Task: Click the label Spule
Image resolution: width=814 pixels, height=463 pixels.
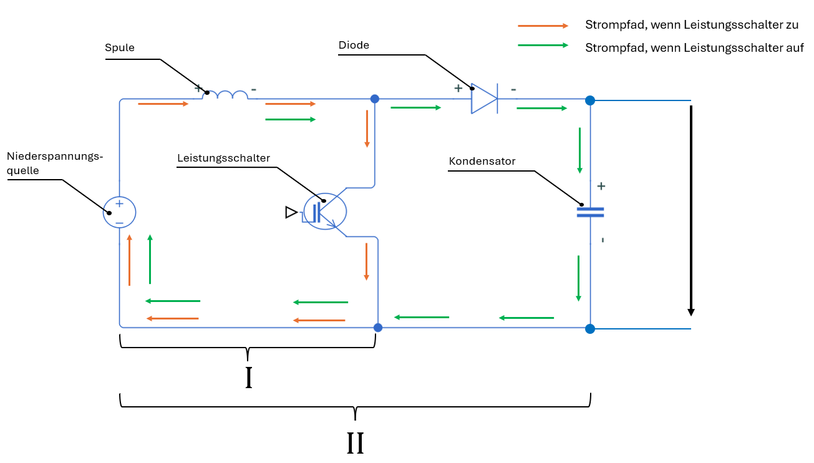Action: tap(120, 48)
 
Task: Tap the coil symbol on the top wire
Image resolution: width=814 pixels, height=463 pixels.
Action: tap(231, 95)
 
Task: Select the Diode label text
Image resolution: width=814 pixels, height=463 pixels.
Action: tap(354, 45)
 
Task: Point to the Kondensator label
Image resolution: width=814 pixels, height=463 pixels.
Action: tap(482, 162)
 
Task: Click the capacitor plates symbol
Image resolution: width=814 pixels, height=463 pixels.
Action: tap(590, 212)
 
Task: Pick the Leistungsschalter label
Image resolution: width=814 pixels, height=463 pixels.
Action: tap(223, 158)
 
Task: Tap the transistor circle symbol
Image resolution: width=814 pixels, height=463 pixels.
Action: tap(325, 212)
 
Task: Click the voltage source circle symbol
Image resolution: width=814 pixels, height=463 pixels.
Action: tap(119, 212)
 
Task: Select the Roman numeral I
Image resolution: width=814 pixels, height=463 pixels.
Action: tap(248, 378)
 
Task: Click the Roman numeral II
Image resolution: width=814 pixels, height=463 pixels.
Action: tap(355, 443)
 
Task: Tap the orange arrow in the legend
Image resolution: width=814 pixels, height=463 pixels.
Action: tap(543, 26)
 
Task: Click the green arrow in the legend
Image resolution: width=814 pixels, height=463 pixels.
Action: tap(543, 45)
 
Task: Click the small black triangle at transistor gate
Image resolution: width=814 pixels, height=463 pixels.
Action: tap(291, 213)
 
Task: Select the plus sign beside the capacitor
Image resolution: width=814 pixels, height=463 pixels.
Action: tap(601, 186)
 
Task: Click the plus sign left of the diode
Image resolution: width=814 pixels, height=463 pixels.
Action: tap(458, 89)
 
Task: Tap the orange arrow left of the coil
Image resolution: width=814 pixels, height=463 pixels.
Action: tap(163, 104)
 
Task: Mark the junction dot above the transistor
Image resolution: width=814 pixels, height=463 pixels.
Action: tap(375, 99)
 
